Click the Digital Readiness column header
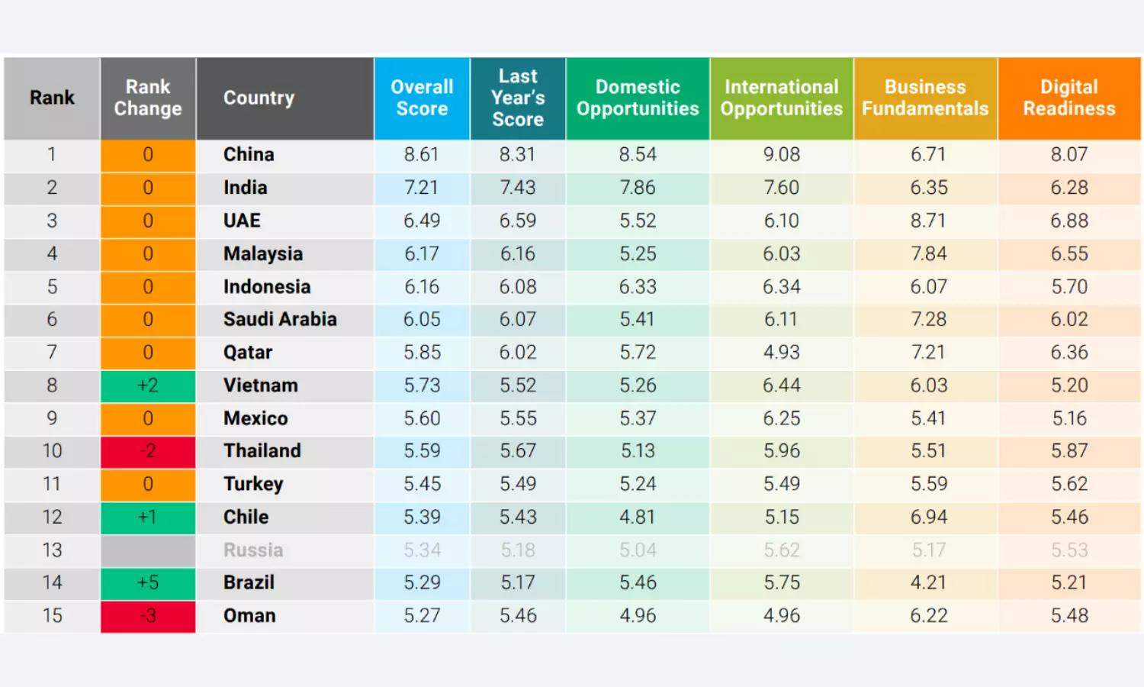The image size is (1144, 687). coord(1069,98)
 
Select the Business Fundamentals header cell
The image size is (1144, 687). coord(925,98)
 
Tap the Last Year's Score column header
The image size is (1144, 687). coord(518,98)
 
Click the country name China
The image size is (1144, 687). coord(249,154)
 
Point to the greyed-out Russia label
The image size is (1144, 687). coord(253,550)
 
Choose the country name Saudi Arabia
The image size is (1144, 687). coord(280,319)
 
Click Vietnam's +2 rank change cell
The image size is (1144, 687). coord(148,385)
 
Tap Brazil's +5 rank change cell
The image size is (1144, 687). coord(148,583)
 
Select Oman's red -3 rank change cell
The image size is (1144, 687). coord(148,616)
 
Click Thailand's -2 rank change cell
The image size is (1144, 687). coord(148,451)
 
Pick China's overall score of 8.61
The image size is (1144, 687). coord(422,154)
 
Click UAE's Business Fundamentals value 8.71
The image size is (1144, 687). coord(928,221)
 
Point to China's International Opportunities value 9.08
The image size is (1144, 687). coord(782,154)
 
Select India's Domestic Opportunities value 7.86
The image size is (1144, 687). coord(638,188)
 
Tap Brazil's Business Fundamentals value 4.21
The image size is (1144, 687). coord(928,583)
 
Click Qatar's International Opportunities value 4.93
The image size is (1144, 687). coord(782,353)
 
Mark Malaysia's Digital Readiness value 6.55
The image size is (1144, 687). coord(1069,254)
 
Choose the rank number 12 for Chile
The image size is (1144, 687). coord(52,517)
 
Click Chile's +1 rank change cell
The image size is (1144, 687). coord(148,517)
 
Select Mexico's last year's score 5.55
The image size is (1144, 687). coord(518,418)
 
